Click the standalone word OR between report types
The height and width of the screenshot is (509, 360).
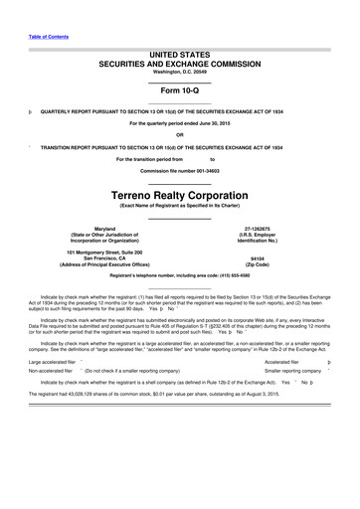[179, 134]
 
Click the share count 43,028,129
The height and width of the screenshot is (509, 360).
[104, 395]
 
